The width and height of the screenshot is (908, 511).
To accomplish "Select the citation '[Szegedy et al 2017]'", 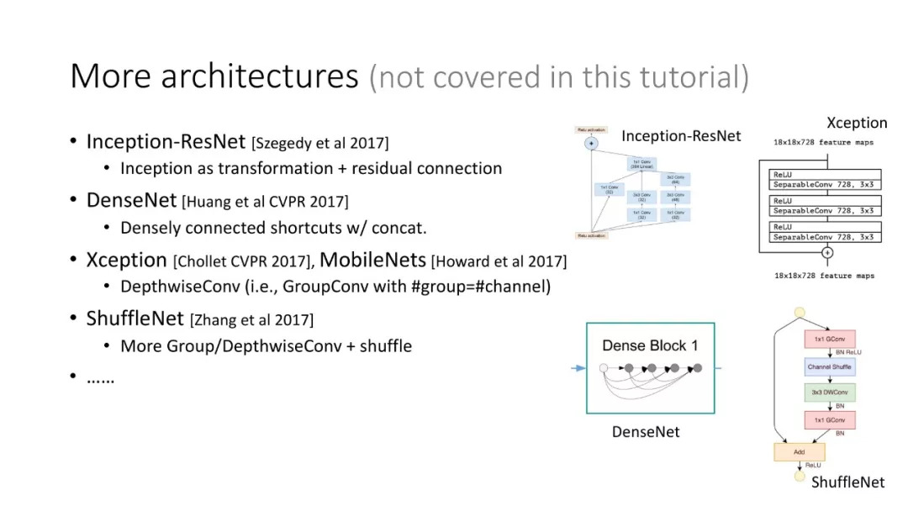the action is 320,143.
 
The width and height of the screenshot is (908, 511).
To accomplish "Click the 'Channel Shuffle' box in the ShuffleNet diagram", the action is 829,366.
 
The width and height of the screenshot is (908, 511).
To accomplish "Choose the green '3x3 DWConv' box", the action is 829,392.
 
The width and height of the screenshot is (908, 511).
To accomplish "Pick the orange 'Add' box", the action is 799,451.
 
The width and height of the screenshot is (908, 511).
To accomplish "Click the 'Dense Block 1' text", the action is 650,345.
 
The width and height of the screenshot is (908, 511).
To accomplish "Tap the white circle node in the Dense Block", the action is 603,367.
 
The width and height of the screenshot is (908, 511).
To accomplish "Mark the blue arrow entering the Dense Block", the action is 577,368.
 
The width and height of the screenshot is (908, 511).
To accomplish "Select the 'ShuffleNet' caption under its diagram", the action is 847,482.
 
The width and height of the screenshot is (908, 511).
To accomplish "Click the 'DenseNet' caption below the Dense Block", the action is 645,432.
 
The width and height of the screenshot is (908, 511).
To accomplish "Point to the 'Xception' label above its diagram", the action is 857,123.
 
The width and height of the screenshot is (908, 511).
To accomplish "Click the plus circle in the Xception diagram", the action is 827,252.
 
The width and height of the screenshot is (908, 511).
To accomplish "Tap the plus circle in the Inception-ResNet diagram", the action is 591,144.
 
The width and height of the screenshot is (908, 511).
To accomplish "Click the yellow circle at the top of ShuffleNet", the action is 799,313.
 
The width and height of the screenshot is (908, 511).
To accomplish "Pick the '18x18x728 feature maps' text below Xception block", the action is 823,276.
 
